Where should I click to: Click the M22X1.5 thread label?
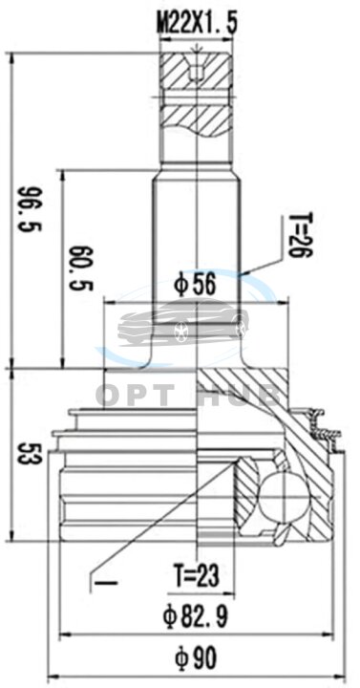click(197, 23)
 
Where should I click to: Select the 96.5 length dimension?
click(31, 209)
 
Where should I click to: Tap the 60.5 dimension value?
click(81, 269)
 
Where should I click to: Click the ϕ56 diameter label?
click(195, 286)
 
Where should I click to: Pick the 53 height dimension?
click(30, 452)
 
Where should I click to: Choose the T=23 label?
click(195, 575)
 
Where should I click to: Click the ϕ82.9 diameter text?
click(195, 616)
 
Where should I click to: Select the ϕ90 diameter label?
click(195, 656)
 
